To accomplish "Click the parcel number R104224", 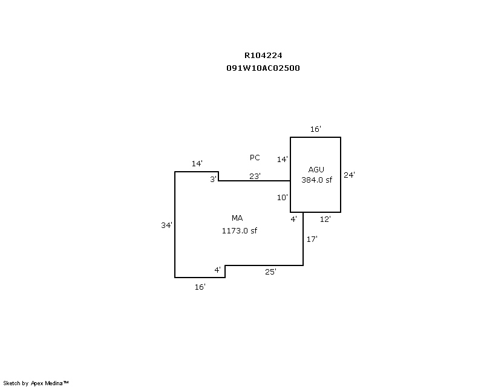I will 263,56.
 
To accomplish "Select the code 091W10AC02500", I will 263,68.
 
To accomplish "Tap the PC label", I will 255,158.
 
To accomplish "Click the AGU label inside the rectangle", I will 316,169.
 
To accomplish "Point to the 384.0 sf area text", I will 317,180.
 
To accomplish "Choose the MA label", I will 237,218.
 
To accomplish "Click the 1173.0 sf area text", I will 240,230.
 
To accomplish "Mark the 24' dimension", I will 349,175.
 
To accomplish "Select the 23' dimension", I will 255,176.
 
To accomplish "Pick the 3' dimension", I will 213,179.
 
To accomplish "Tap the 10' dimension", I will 283,197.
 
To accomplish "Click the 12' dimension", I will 325,219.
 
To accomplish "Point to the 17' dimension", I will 312,239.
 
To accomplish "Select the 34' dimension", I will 166,225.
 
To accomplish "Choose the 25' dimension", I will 270,272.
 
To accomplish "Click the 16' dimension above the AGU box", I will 315,129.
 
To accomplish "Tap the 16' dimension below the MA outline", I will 200,287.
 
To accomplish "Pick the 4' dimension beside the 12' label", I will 293,219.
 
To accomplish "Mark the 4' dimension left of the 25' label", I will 217,270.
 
